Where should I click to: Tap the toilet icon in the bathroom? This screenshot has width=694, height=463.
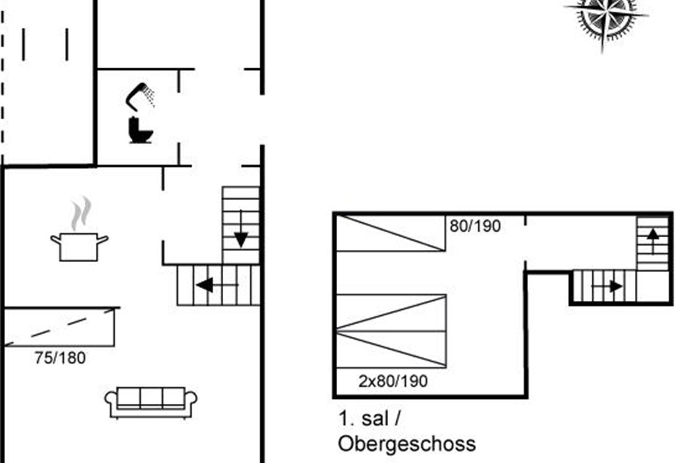(x=140, y=130)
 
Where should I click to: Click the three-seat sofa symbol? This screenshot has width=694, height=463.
(x=151, y=403)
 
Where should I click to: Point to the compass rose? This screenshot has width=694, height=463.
(x=606, y=19)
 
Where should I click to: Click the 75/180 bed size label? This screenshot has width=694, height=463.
(x=60, y=358)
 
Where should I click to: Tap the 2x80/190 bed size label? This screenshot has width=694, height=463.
(x=393, y=381)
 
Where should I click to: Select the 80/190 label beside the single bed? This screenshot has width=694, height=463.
(x=475, y=226)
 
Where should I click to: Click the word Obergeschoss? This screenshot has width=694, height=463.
(x=407, y=444)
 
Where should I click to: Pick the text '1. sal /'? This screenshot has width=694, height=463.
(x=370, y=418)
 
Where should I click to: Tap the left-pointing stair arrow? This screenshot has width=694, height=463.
(x=217, y=285)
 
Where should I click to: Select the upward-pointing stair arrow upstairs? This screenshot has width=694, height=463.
(x=653, y=241)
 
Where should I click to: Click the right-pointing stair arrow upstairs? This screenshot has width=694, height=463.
(x=607, y=286)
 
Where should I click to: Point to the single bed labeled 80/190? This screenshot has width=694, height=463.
(x=391, y=233)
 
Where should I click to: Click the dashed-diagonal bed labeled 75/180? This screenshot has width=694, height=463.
(x=59, y=327)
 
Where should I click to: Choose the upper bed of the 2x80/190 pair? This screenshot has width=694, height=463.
(x=392, y=313)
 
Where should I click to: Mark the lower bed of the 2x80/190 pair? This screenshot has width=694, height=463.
(x=392, y=350)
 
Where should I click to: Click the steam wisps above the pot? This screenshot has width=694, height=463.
(x=81, y=213)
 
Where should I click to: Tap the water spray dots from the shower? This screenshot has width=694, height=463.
(x=150, y=96)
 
